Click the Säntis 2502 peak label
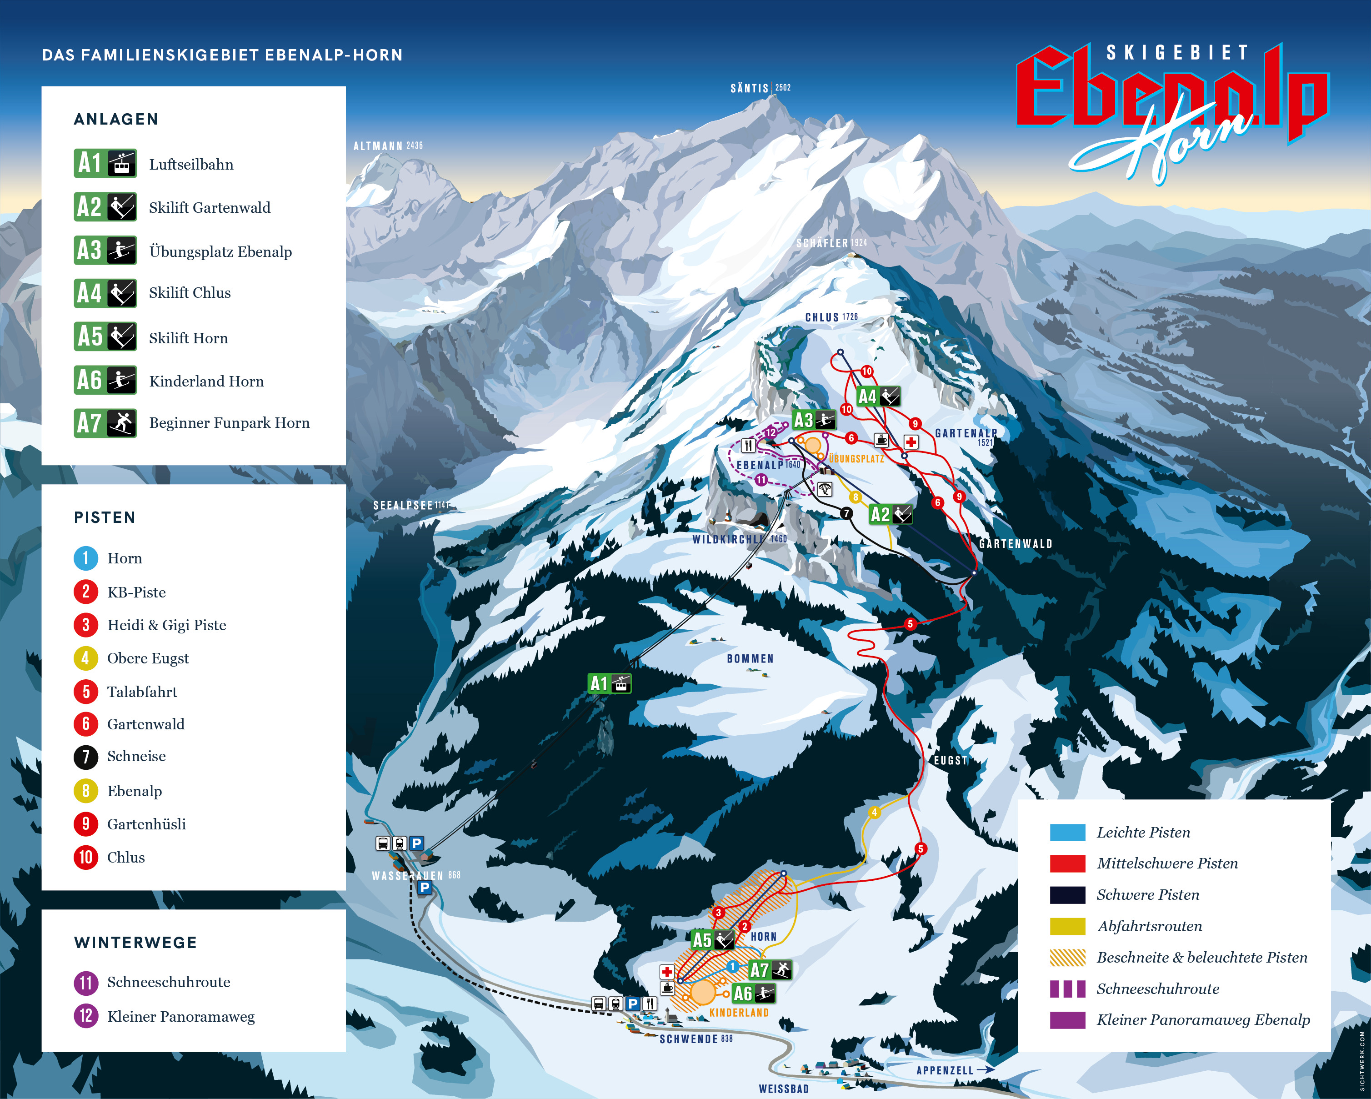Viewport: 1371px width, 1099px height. pos(760,88)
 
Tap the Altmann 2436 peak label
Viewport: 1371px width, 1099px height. pos(388,146)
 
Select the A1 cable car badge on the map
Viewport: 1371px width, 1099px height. pos(609,684)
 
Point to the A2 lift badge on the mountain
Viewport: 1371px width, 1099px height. pos(890,514)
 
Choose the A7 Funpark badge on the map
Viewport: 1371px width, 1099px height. pos(770,970)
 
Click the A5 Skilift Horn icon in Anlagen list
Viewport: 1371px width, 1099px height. pos(105,336)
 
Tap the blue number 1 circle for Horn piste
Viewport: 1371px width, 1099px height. pos(86,558)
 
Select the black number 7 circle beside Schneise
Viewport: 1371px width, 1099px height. pos(86,757)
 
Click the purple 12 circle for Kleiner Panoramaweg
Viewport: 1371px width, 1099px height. pos(86,1016)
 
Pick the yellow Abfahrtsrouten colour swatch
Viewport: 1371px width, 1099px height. pos(1067,926)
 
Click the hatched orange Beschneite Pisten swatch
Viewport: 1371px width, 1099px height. pos(1067,957)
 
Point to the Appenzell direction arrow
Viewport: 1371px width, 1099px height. pos(986,1070)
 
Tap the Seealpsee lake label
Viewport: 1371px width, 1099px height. pos(410,506)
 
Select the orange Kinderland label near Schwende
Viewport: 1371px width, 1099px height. pos(739,1013)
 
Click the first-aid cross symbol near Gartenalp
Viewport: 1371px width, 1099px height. pos(911,442)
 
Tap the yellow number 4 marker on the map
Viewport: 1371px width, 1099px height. pos(874,812)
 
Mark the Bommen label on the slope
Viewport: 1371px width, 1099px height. pos(751,659)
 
